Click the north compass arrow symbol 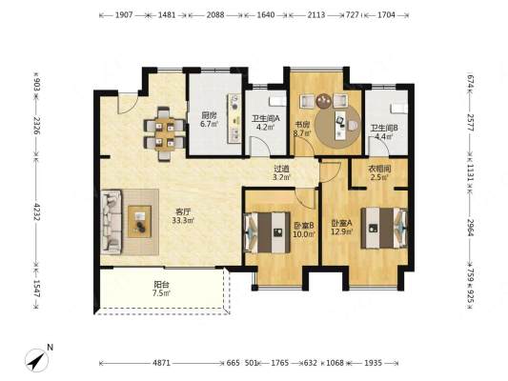(36, 360)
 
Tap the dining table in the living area (165, 133)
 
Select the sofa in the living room (111, 221)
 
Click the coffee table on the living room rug (139, 221)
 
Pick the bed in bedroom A (383, 229)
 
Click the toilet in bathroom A (278, 101)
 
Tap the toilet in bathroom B (398, 108)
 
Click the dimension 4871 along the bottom (161, 363)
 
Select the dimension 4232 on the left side (36, 211)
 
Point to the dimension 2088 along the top (215, 14)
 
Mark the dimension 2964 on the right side (471, 228)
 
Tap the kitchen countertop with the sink (234, 118)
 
